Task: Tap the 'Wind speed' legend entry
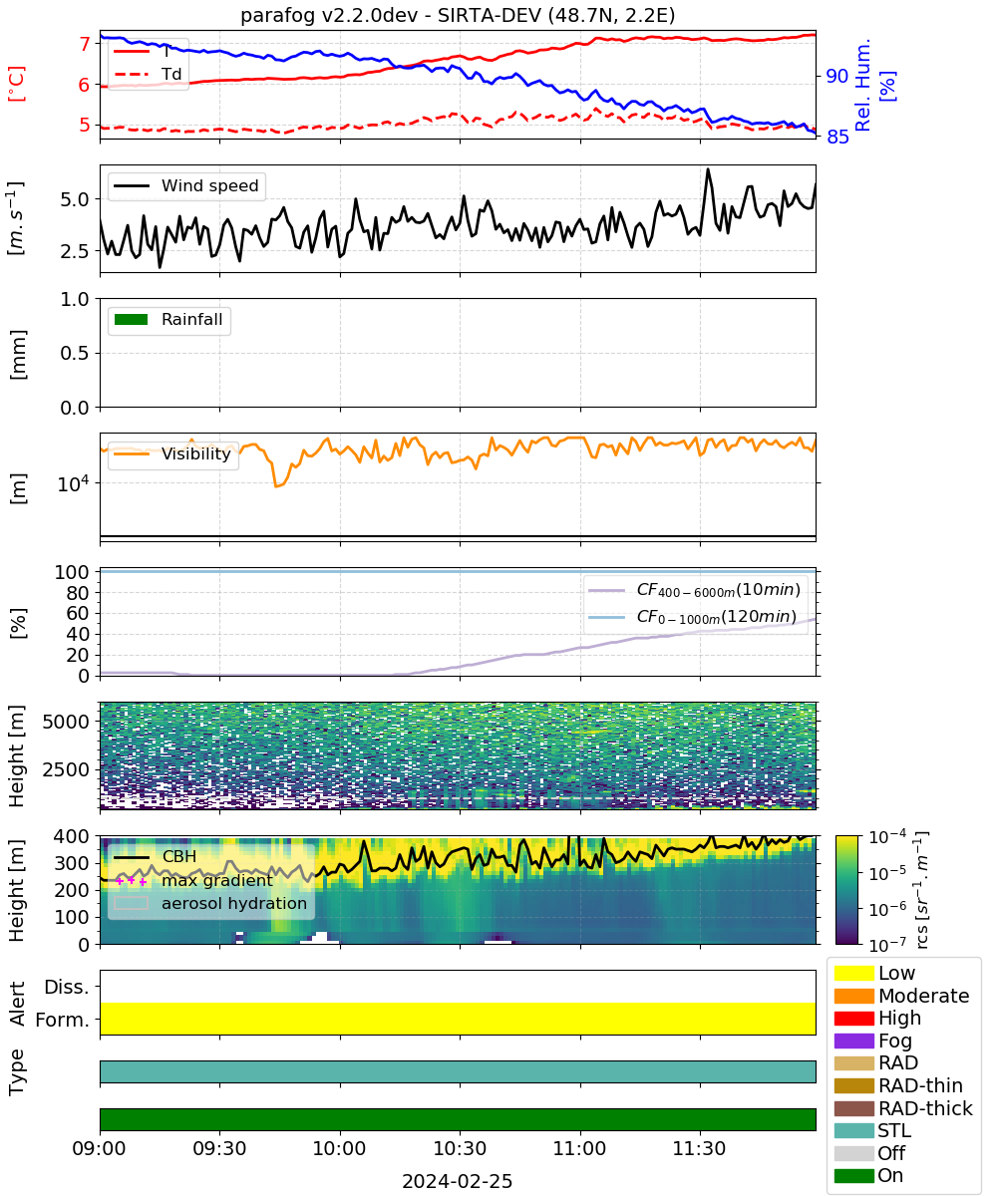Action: click(186, 185)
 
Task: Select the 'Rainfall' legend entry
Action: click(168, 319)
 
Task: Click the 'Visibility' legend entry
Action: click(171, 453)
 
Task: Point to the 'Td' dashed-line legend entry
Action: click(148, 74)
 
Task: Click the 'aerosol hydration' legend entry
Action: click(210, 903)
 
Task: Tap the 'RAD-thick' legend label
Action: click(925, 1108)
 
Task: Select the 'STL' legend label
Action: click(894, 1130)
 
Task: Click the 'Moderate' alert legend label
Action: click(923, 996)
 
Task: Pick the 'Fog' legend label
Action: click(895, 1041)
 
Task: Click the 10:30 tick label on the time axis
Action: click(460, 1148)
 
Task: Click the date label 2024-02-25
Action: click(457, 1181)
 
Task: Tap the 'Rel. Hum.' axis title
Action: click(862, 85)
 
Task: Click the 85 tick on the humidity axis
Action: click(837, 137)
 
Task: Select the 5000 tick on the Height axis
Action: click(66, 722)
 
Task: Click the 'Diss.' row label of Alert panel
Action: click(67, 987)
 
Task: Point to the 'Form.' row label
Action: click(63, 1020)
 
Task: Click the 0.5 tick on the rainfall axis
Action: click(75, 354)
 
